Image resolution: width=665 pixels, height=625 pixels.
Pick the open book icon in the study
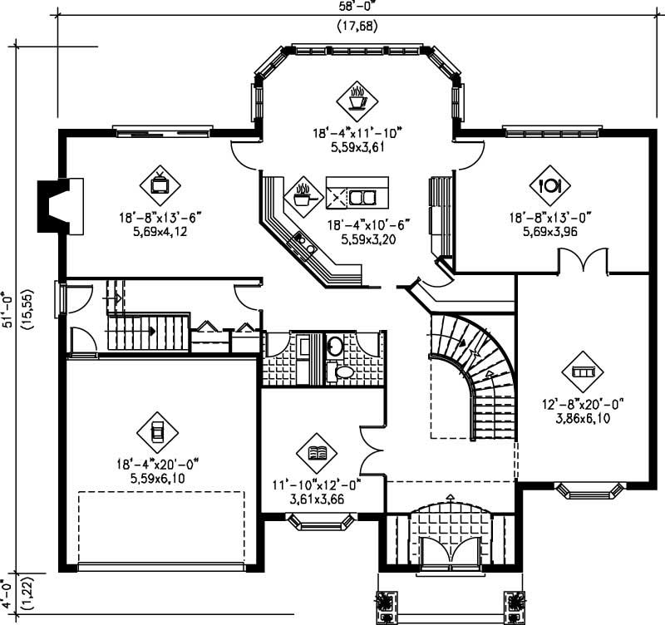tap(317, 453)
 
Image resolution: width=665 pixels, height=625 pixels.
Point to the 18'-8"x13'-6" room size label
tap(160, 218)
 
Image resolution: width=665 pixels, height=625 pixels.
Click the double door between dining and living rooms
tap(583, 262)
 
